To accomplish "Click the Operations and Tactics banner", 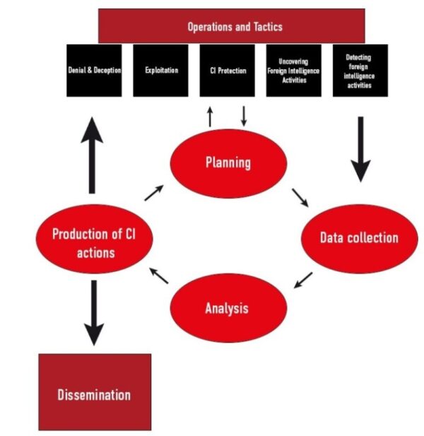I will pyautogui.click(x=231, y=26).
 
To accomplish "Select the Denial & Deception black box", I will pyautogui.click(x=94, y=71).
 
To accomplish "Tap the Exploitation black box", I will pyautogui.click(x=160, y=71).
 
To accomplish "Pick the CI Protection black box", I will pyautogui.click(x=227, y=71).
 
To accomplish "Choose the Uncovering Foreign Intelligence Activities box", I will pyautogui.click(x=293, y=71).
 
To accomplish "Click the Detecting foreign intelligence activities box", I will pyautogui.click(x=360, y=71).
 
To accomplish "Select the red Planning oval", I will pyautogui.click(x=228, y=163).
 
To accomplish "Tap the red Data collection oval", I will pyautogui.click(x=358, y=237).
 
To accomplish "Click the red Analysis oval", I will pyautogui.click(x=228, y=308).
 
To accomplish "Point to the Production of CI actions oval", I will pyautogui.click(x=94, y=241).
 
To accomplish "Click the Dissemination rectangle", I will pyautogui.click(x=94, y=393).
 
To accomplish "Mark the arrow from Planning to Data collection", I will pyautogui.click(x=300, y=197).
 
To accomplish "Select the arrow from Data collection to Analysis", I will pyautogui.click(x=303, y=280).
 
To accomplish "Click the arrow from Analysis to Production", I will pyautogui.click(x=159, y=275).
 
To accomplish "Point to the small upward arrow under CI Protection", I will pyautogui.click(x=210, y=116).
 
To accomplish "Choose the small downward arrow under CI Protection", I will pyautogui.click(x=243, y=116).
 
